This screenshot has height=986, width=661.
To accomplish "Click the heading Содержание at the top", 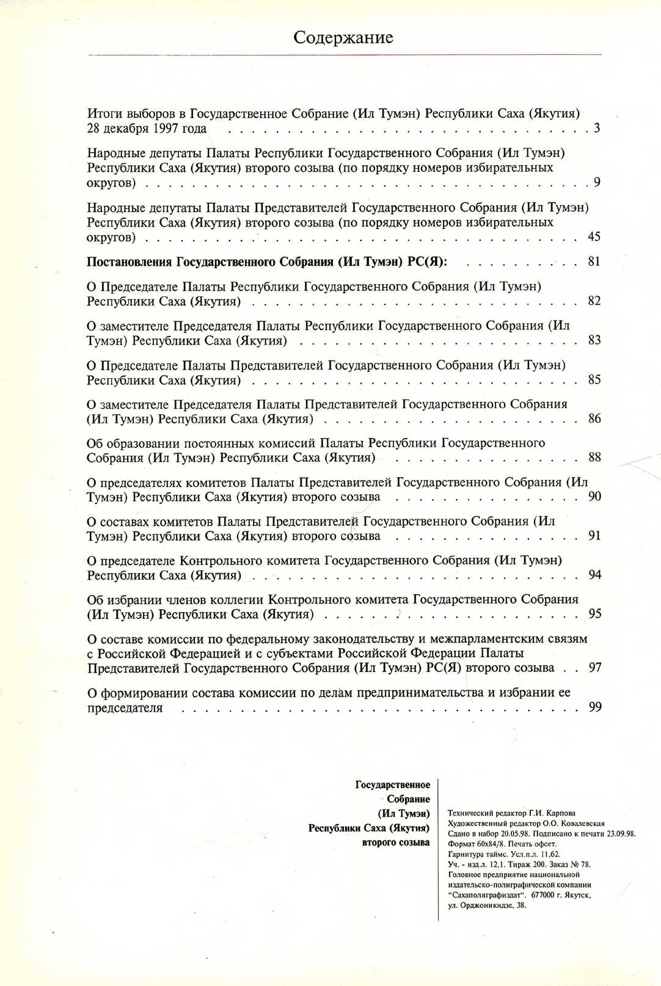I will (x=343, y=38).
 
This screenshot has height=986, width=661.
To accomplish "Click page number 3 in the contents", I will (x=597, y=128).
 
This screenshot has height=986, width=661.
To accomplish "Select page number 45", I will (x=594, y=236).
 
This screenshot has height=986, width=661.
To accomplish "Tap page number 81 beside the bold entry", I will (x=594, y=261).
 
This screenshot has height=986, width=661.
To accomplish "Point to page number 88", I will (x=594, y=457).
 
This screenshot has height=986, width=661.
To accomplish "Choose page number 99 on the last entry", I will (x=594, y=707).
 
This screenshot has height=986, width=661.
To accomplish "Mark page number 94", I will (x=594, y=575).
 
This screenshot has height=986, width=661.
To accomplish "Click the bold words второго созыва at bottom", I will (x=396, y=842).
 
